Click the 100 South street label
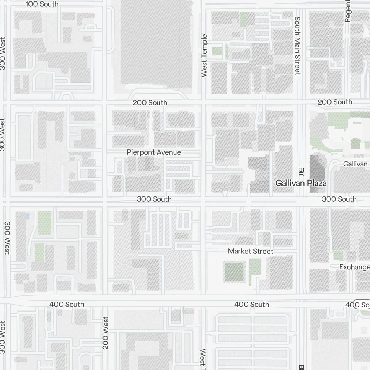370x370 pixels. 43,4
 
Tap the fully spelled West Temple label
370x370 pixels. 204,56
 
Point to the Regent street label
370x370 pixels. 347,11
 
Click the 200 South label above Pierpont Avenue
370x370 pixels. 150,102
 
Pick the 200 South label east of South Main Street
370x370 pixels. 334,102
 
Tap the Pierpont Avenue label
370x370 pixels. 154,152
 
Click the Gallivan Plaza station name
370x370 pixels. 301,183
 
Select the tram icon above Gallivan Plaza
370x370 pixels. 301,171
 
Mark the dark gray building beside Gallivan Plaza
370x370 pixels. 317,173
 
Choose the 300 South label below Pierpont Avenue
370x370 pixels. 154,199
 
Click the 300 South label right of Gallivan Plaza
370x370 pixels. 339,199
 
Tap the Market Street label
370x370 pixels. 250,251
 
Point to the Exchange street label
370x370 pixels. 354,267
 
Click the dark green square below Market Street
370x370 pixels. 235,272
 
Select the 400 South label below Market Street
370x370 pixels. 252,304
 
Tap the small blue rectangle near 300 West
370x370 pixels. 27,216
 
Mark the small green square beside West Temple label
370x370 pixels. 217,51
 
